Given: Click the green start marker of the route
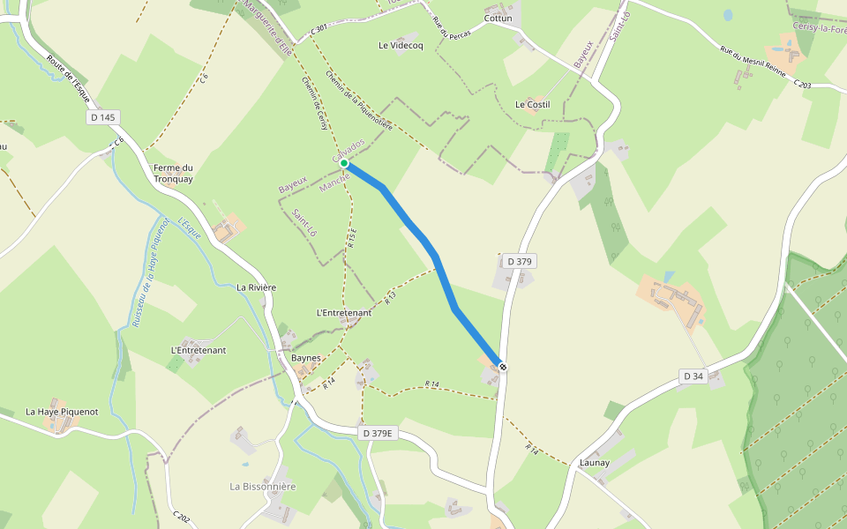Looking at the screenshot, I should coord(344,163).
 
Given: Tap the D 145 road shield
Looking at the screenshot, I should coord(102,117).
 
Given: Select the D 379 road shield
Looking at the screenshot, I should coord(521,261).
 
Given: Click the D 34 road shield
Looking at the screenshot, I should coord(693,376).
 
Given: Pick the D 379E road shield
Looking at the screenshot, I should coord(379,433).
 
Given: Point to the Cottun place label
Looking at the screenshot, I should coord(498,18).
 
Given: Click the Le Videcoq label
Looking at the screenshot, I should coord(401,45).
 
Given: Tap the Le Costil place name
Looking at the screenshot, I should coord(532,104).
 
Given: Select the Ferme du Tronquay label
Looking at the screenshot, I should coord(173,173).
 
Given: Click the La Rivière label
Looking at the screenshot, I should coord(257,287).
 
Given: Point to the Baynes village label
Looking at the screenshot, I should coord(305,358).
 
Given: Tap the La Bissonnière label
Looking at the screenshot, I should coord(263,486).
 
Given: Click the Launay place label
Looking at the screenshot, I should coord(596,462).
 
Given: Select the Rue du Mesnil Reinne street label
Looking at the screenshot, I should coord(754,64).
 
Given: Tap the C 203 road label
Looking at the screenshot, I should coord(802,84).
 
